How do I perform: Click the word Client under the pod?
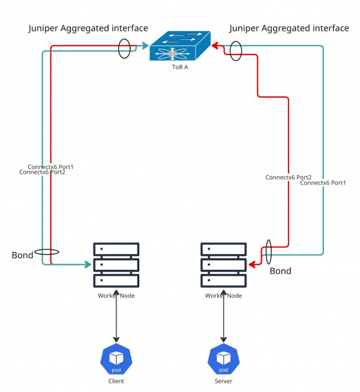[x=116, y=381]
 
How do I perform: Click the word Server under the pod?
[x=224, y=381]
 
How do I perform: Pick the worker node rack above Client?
[x=116, y=264]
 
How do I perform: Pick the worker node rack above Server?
[x=224, y=264]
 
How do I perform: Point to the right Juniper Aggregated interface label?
[x=289, y=28]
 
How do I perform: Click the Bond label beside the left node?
[x=23, y=255]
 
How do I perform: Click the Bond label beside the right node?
[x=280, y=271]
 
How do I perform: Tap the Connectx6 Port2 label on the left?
[x=42, y=172]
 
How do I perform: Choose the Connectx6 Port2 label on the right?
[x=288, y=177]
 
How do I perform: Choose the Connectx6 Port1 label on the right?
[x=323, y=183]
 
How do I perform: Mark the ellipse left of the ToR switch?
[x=124, y=49]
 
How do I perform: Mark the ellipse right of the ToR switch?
[x=236, y=50]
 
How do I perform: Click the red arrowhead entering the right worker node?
[x=253, y=265]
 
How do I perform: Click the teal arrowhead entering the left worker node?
[x=88, y=264]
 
